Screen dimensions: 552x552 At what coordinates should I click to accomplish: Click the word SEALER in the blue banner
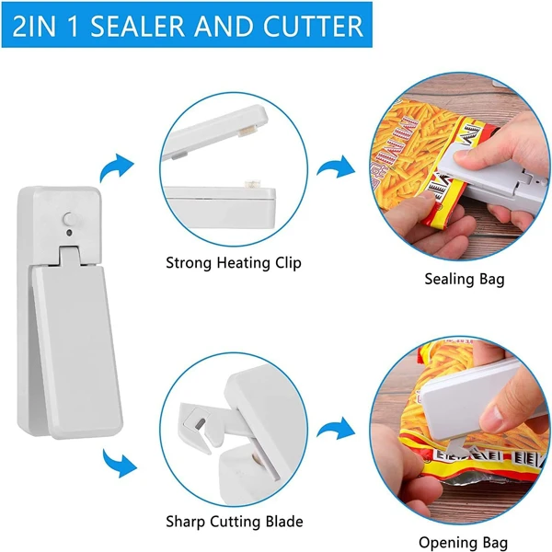tap(138, 26)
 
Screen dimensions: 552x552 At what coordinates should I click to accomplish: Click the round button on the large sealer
tap(70, 219)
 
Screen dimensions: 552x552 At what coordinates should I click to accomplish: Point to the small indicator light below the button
tap(69, 233)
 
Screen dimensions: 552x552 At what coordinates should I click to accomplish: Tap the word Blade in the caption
tap(284, 521)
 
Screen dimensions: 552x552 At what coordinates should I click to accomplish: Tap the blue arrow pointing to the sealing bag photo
tap(336, 167)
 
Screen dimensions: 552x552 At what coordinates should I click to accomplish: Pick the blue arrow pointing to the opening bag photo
tap(336, 429)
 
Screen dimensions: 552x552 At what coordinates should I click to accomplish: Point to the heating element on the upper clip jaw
tap(248, 132)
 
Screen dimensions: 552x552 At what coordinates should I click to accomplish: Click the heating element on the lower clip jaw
tap(253, 183)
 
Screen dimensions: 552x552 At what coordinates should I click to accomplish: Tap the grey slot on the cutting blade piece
tap(200, 422)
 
